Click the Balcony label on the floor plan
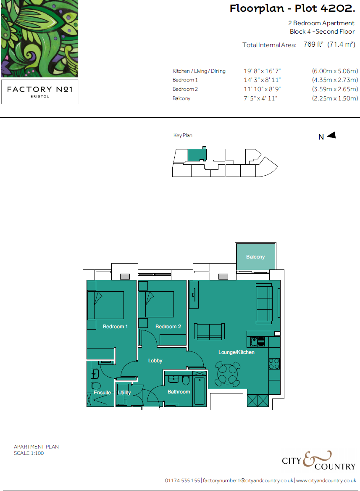pyautogui.click(x=255, y=257)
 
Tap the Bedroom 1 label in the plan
pyautogui.click(x=115, y=327)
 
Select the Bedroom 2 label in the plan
pyautogui.click(x=168, y=327)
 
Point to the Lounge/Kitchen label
pyautogui.click(x=236, y=352)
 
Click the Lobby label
pyautogui.click(x=155, y=361)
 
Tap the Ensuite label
pyautogui.click(x=102, y=393)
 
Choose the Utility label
pyautogui.click(x=124, y=393)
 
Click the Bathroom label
pyautogui.click(x=179, y=392)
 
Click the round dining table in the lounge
pyautogui.click(x=228, y=374)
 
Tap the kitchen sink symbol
pyautogui.click(x=257, y=341)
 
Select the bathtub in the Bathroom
pyautogui.click(x=200, y=391)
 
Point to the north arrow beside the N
pyautogui.click(x=331, y=135)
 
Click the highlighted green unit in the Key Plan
pyautogui.click(x=196, y=155)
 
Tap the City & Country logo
pyautogui.click(x=318, y=461)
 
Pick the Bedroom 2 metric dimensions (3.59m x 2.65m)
pyautogui.click(x=334, y=89)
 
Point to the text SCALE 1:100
pyautogui.click(x=29, y=453)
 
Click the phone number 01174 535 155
pyautogui.click(x=182, y=480)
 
